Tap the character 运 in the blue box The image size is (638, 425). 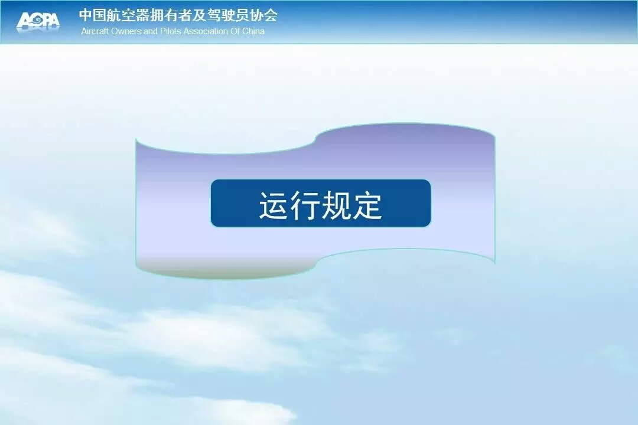point(274,205)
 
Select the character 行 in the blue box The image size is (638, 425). point(305,205)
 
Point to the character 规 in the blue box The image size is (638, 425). point(336,205)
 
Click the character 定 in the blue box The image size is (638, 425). point(367,205)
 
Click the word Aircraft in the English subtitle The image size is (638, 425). point(95,31)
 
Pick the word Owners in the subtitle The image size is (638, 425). point(126,31)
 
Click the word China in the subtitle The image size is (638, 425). point(253,31)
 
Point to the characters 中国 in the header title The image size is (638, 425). point(92,15)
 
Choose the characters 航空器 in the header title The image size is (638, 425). point(125,15)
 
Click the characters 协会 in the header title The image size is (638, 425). point(265,15)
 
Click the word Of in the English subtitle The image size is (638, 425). point(235,31)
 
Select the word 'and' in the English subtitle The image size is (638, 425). point(151,31)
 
